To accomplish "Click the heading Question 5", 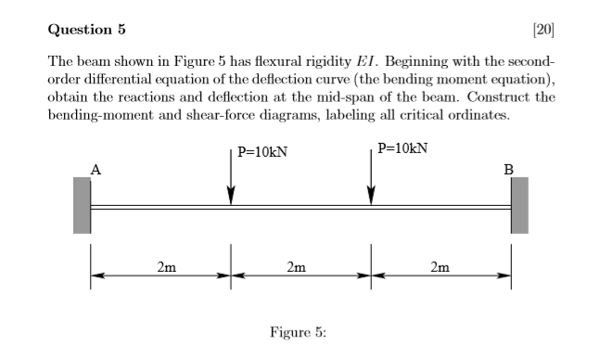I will [86, 29].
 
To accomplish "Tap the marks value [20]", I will [544, 29].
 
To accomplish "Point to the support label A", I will [95, 169].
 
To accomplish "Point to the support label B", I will [507, 169].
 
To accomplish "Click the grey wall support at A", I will [82, 205].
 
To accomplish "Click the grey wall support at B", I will [519, 205].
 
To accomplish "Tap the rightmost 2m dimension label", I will [441, 268].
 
